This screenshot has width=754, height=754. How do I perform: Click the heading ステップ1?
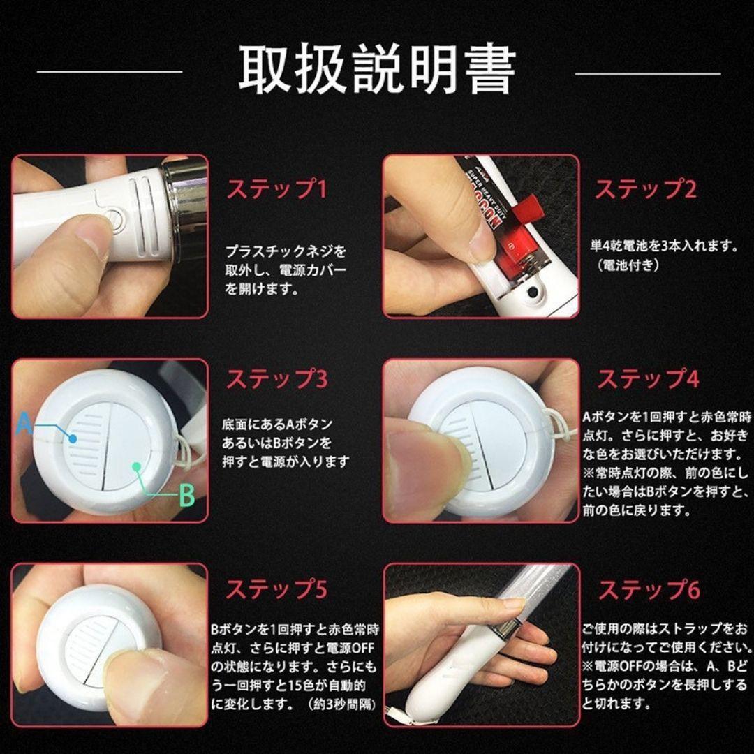[x=277, y=188]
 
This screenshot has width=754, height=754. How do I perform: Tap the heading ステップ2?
[x=646, y=188]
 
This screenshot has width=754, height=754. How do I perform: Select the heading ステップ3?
[x=277, y=378]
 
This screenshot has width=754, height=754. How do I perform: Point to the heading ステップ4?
[x=648, y=378]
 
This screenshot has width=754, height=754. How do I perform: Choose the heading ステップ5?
[x=276, y=589]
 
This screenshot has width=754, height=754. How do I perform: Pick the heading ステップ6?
[x=649, y=589]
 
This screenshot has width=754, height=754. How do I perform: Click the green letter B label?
[x=186, y=495]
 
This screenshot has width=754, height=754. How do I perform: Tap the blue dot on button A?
[x=73, y=438]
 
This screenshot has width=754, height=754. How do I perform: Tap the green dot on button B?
[x=137, y=466]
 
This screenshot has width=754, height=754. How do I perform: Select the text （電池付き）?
[x=627, y=265]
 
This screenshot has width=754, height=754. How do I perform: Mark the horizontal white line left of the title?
[x=110, y=72]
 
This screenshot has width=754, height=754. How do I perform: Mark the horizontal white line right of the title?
[x=648, y=73]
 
